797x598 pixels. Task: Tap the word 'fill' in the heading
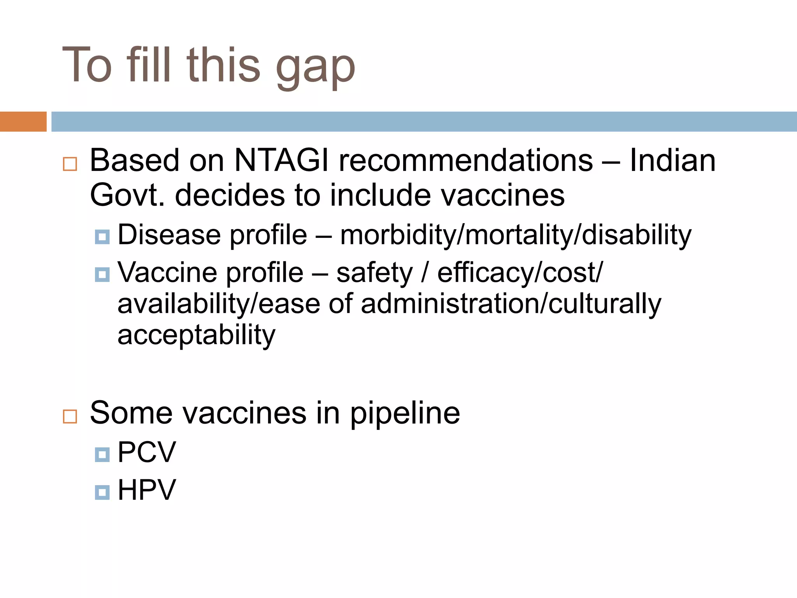point(149,64)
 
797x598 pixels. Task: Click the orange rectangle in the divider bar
point(23,121)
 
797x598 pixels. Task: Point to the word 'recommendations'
point(466,160)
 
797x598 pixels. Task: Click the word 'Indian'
point(672,160)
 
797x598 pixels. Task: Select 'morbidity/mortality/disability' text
point(516,236)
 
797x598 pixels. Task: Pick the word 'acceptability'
point(196,335)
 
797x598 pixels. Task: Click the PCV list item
point(147,452)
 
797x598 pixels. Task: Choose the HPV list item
point(147,490)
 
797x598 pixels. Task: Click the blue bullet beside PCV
point(102,454)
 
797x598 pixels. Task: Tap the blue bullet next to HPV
point(102,492)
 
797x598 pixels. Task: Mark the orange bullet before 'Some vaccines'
point(70,417)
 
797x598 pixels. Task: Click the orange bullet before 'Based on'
point(70,164)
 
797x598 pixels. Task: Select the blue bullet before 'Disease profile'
point(102,236)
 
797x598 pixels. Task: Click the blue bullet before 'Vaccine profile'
point(102,274)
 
